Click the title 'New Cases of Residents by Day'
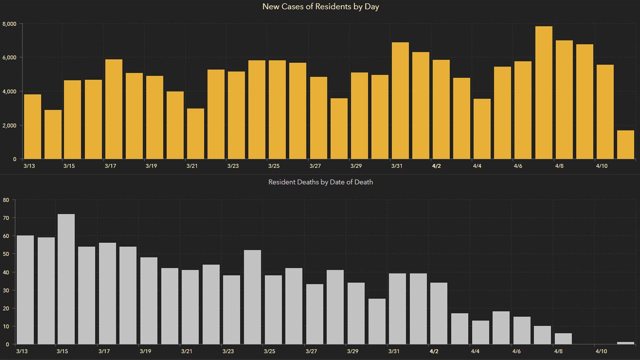tap(320, 6)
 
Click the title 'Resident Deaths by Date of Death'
tap(320, 182)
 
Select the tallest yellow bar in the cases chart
tap(543, 92)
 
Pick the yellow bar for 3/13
tap(32, 126)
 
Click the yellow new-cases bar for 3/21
tap(195, 133)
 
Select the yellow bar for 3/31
tap(400, 100)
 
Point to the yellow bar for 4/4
tap(482, 129)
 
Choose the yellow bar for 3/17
tap(114, 109)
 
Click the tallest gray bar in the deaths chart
tap(66, 279)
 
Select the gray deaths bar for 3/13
tap(25, 290)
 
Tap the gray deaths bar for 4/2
tap(439, 313)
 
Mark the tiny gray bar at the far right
tap(625, 343)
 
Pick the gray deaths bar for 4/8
tap(563, 339)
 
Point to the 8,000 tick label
tap(9, 24)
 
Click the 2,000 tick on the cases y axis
tap(9, 125)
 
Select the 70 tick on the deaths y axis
tap(6, 218)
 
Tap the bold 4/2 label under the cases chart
tap(436, 166)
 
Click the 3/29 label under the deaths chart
tap(352, 351)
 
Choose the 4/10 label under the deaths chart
tap(601, 351)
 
